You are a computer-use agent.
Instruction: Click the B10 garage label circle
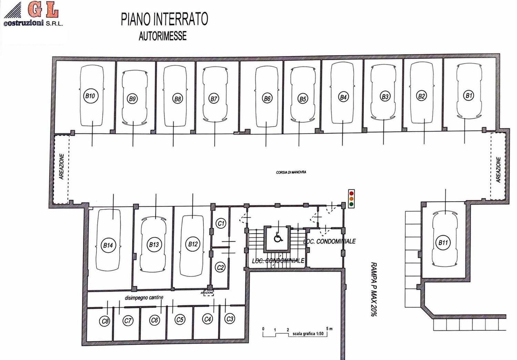click(90, 96)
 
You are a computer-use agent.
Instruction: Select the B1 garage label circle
click(468, 96)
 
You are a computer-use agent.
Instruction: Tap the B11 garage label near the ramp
click(443, 243)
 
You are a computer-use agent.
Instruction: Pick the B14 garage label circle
click(108, 245)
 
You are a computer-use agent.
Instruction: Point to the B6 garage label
click(267, 99)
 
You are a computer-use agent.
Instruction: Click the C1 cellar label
click(221, 223)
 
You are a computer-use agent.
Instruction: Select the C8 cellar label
click(105, 321)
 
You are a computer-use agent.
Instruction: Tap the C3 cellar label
click(230, 319)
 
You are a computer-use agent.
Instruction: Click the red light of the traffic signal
click(352, 193)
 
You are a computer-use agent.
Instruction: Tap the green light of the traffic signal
click(352, 204)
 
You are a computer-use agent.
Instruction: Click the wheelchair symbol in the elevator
click(277, 237)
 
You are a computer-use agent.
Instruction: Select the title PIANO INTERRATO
click(164, 20)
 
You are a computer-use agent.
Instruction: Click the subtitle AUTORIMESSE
click(163, 36)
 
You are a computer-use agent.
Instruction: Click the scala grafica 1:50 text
click(308, 334)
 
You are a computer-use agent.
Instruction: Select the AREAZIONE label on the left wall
click(62, 166)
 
